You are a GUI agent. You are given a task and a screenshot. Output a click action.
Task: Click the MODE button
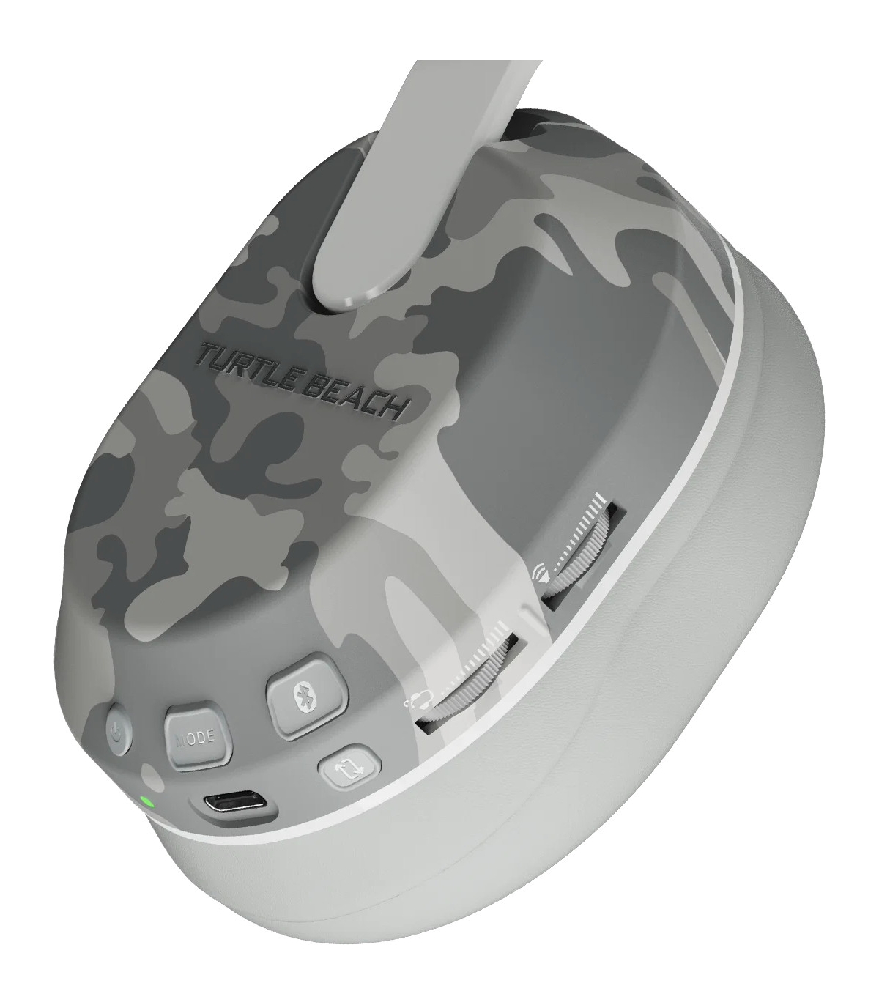tap(198, 740)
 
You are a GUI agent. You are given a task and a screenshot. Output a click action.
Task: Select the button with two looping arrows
tap(349, 768)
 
